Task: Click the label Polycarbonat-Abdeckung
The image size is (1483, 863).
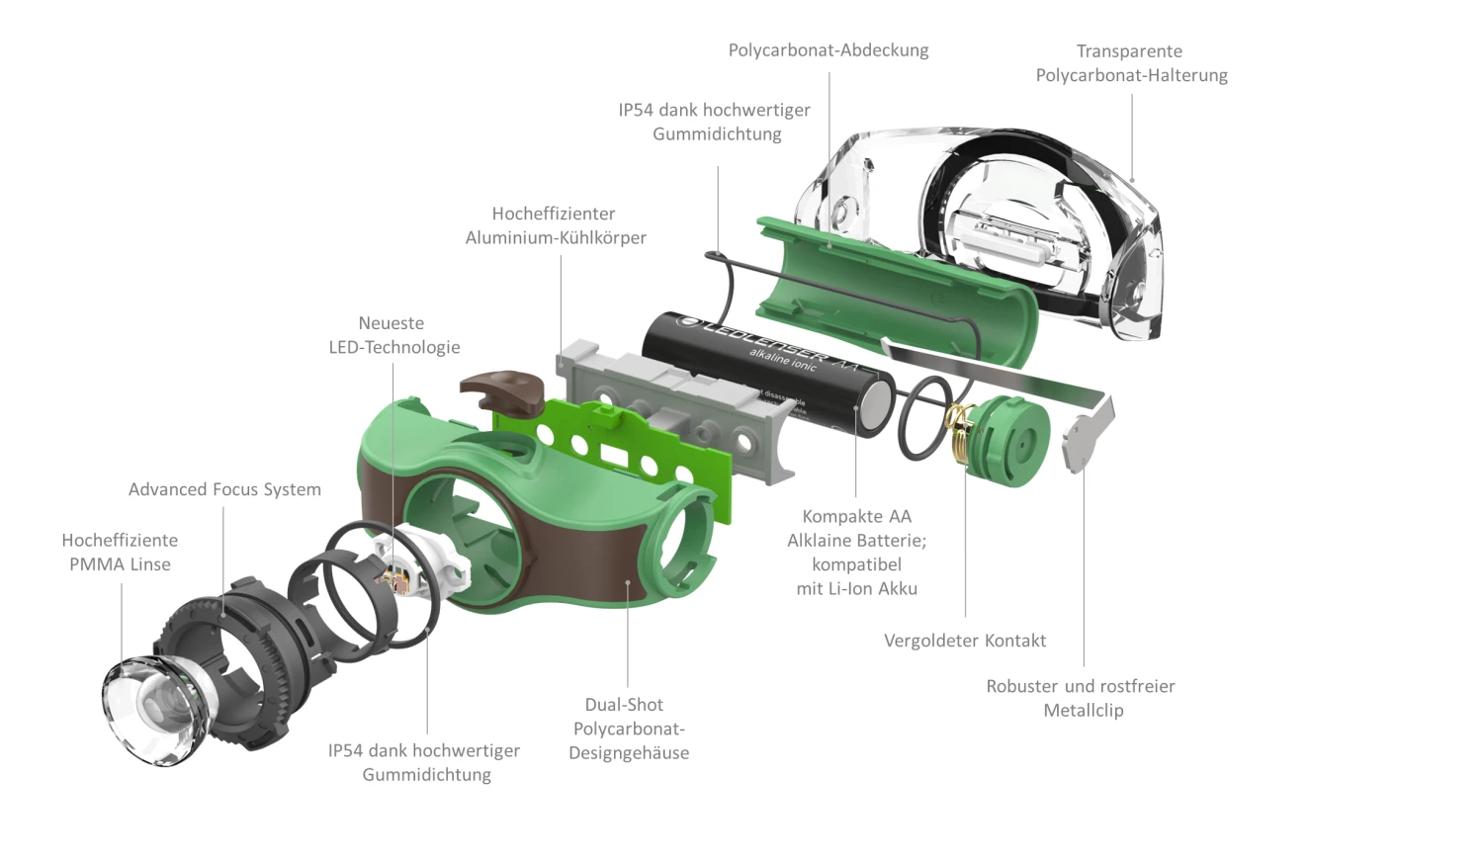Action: point(829,50)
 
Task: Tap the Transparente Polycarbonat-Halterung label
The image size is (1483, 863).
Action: point(1131,63)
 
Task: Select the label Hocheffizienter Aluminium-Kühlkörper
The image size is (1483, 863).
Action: point(556,225)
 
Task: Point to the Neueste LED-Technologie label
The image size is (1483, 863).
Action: point(393,335)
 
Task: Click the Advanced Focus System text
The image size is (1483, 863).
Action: point(224,489)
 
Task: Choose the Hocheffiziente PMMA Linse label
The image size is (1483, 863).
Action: point(120,553)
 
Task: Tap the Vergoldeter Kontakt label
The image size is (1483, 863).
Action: point(964,641)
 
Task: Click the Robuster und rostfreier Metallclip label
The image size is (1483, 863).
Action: point(1081,698)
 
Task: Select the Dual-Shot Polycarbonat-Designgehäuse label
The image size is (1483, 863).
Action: point(628,729)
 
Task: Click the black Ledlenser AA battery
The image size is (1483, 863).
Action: point(761,371)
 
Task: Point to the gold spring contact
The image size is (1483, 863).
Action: point(958,435)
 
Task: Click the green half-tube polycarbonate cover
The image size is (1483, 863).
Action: point(890,287)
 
